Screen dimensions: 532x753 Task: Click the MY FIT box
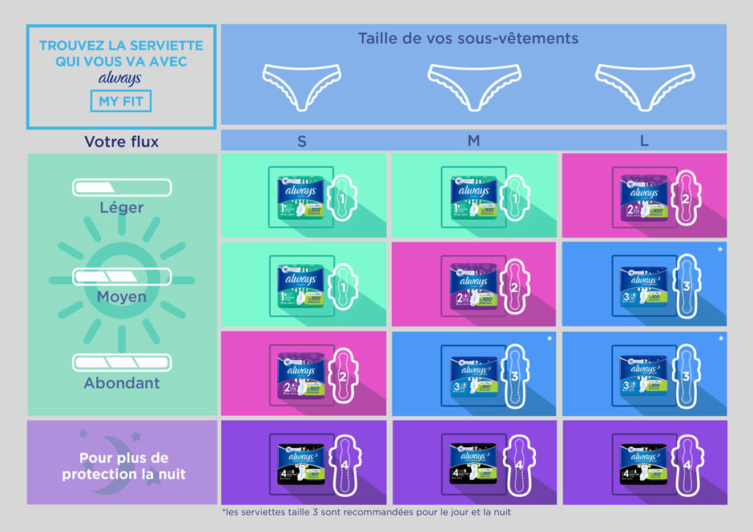[121, 102]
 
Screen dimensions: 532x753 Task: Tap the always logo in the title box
[120, 78]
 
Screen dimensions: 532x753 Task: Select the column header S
[302, 141]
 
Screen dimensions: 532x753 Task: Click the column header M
[473, 141]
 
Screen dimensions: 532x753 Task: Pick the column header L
[644, 141]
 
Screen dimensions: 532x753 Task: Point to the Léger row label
[122, 207]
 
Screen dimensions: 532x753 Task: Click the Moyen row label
[122, 296]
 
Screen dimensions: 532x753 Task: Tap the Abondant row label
[122, 382]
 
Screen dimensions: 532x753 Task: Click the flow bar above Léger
[122, 188]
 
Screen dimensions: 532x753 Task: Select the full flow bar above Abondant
[122, 362]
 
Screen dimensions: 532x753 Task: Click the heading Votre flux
[122, 142]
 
